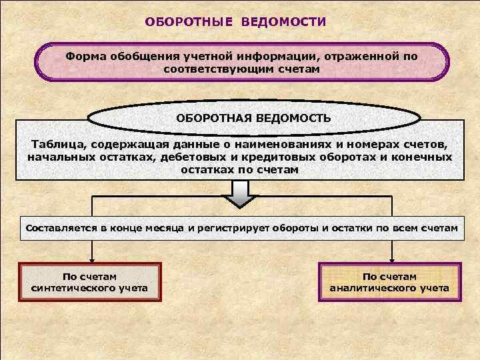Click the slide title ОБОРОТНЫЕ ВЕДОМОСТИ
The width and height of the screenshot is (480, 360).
236,22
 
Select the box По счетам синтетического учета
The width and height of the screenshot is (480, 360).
90,283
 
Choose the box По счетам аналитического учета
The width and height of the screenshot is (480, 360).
390,283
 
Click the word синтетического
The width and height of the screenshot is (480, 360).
90,289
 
